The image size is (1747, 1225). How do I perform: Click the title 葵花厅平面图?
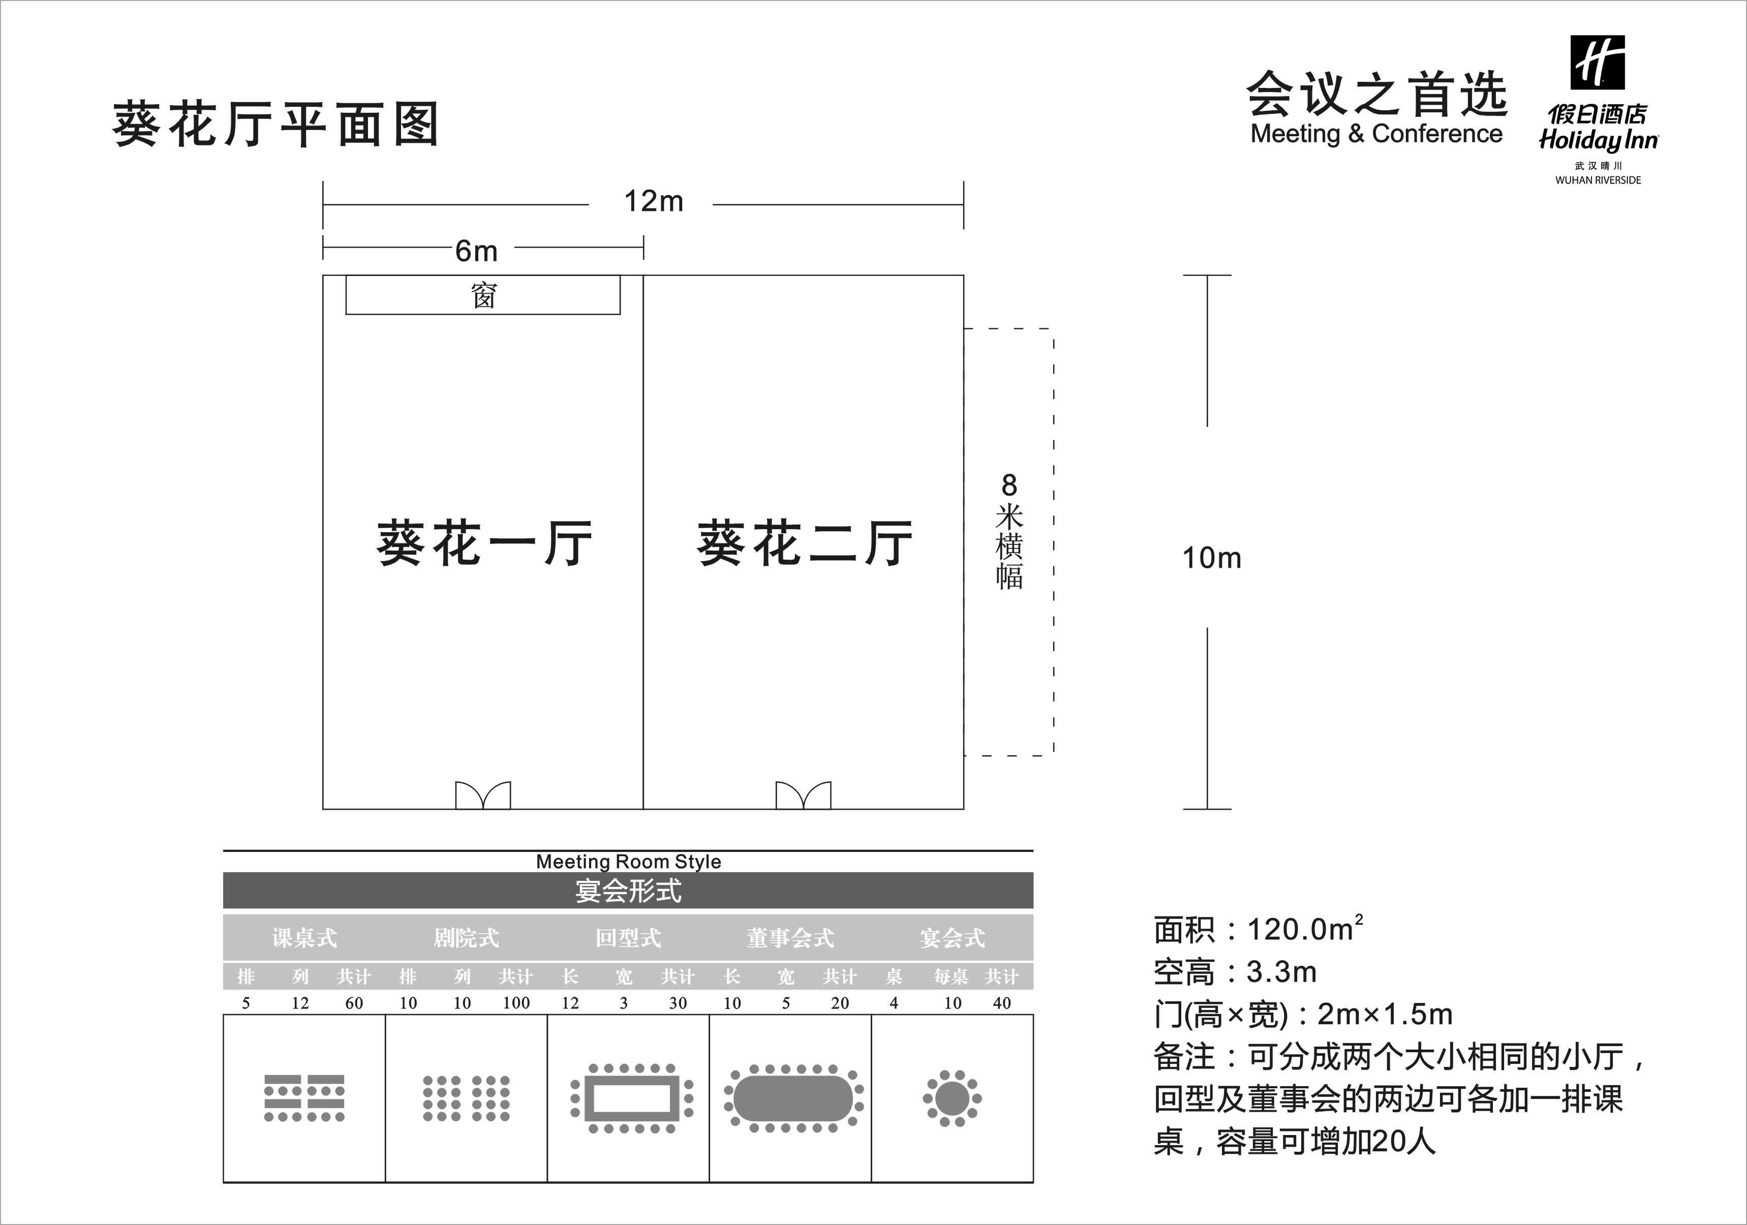(x=275, y=124)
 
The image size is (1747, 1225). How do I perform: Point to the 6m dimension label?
(x=476, y=250)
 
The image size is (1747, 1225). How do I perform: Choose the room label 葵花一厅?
(x=484, y=543)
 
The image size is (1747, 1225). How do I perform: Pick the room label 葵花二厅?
(x=804, y=543)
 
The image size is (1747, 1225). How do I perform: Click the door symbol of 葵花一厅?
(x=483, y=795)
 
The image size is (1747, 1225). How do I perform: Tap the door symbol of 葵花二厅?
(x=804, y=795)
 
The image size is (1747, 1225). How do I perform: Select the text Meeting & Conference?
(x=1376, y=134)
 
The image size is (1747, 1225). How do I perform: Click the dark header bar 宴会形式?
(x=628, y=890)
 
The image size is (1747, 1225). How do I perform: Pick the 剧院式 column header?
(x=466, y=937)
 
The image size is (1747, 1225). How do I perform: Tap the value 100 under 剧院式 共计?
(x=516, y=1003)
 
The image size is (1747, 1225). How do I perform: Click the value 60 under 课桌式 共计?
(x=354, y=1003)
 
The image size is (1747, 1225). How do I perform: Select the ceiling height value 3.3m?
(x=1281, y=972)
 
